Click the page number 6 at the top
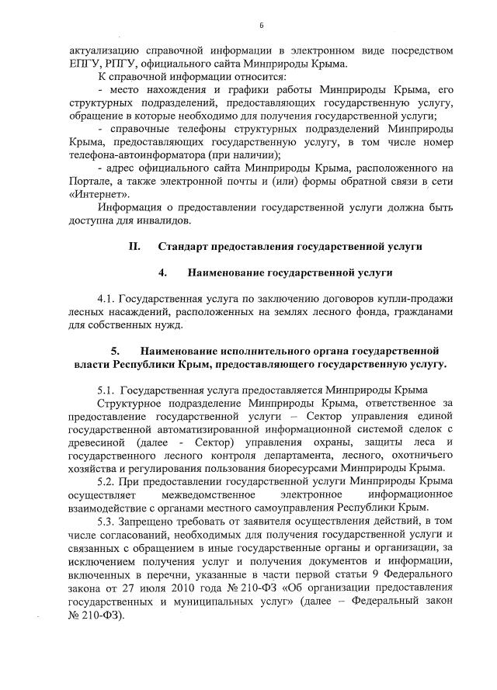[x=262, y=26]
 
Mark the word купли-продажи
[x=412, y=299]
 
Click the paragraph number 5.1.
[x=108, y=389]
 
